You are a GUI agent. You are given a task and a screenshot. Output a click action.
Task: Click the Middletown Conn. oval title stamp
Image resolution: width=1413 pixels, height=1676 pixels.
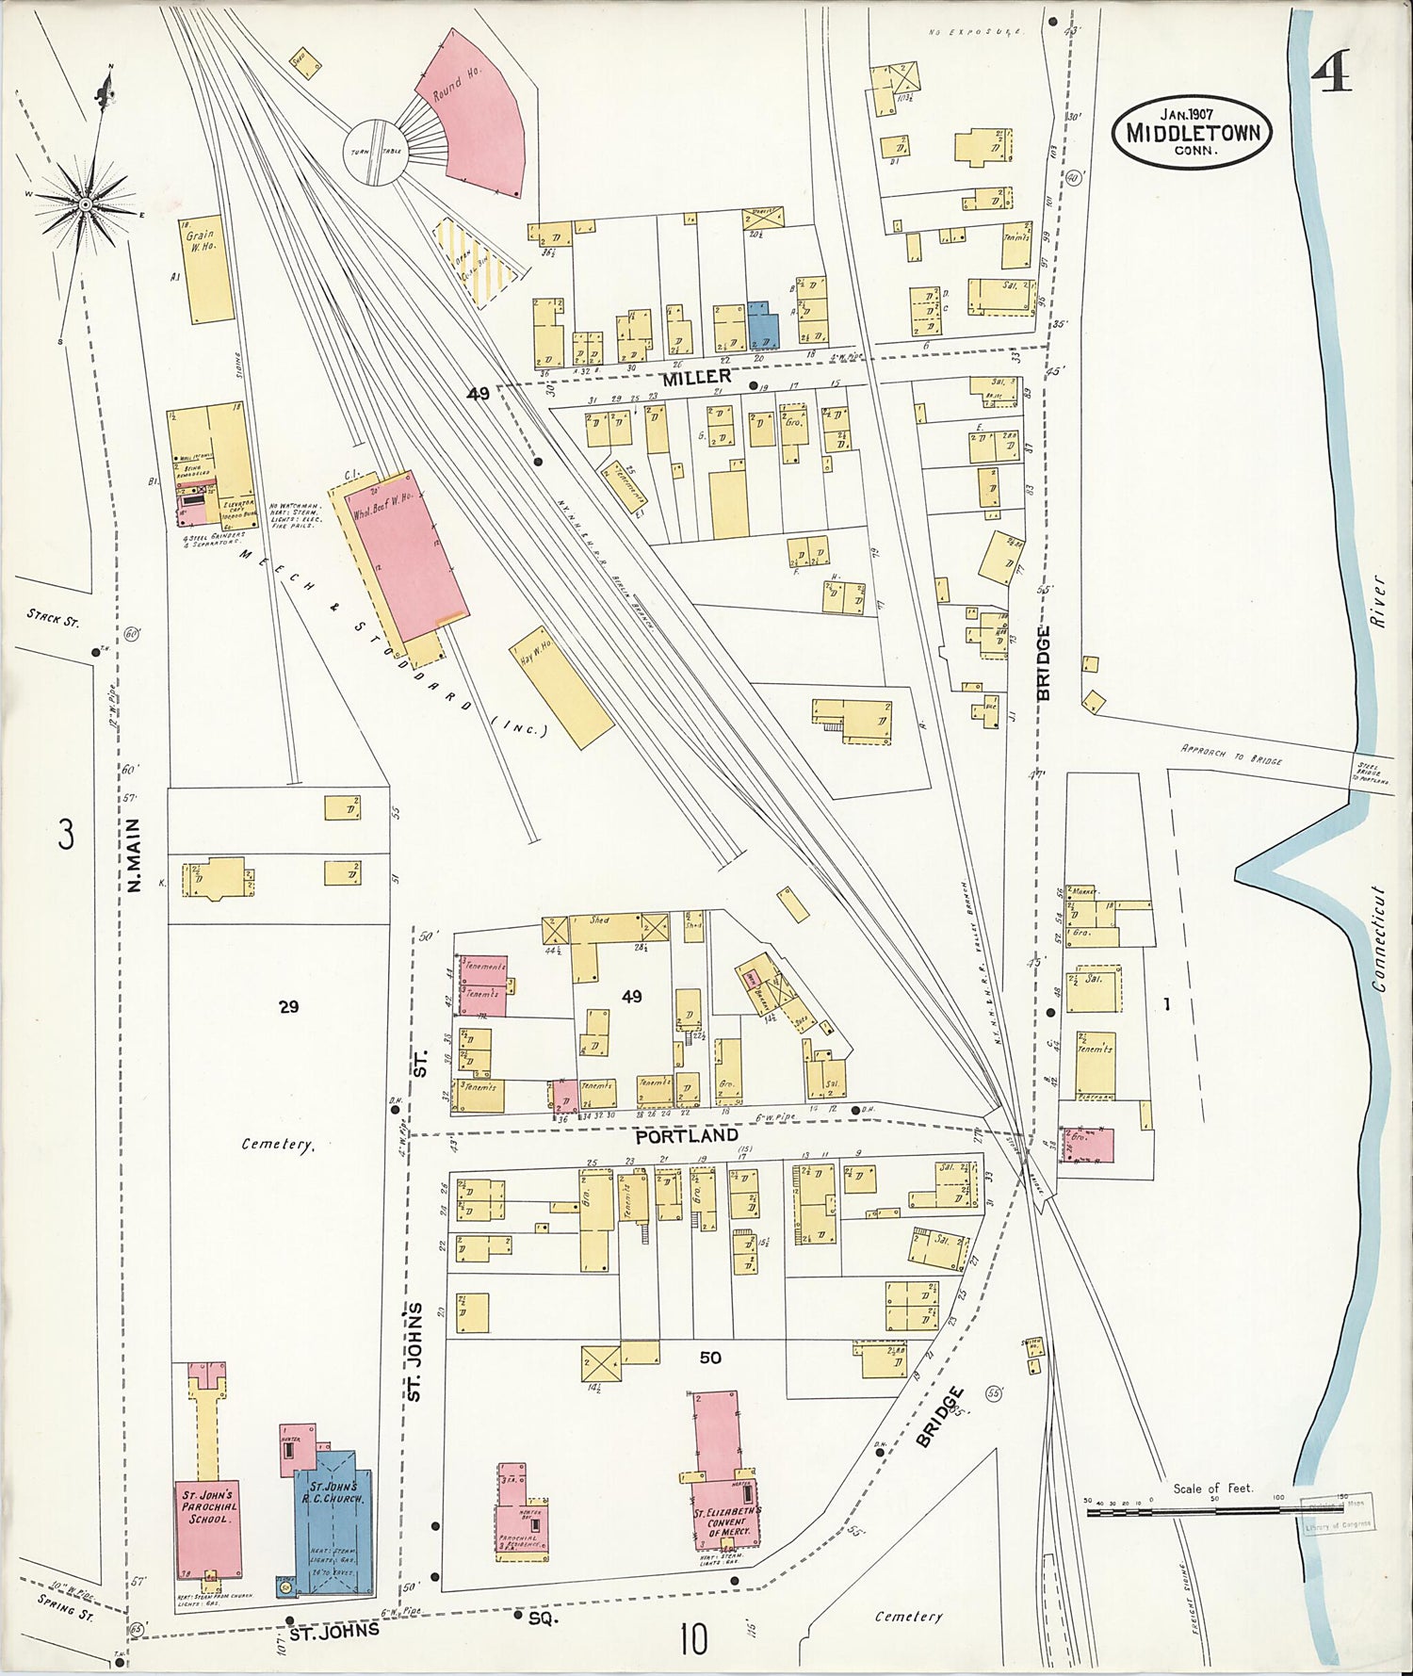click(x=1192, y=132)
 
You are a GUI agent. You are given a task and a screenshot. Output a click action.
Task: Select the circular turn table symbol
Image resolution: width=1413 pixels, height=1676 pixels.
click(x=374, y=152)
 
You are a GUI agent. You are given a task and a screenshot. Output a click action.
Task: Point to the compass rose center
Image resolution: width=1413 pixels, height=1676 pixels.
click(x=85, y=204)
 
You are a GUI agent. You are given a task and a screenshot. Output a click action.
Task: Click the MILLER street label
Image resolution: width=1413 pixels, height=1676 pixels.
click(x=695, y=378)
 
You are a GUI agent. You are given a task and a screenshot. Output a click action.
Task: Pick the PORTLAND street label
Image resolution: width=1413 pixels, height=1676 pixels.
click(x=686, y=1135)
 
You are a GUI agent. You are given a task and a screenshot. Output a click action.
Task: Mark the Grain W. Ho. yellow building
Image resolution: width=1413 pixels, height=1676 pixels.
click(x=205, y=271)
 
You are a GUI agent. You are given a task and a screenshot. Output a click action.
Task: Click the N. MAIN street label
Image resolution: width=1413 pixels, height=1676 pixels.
click(x=134, y=855)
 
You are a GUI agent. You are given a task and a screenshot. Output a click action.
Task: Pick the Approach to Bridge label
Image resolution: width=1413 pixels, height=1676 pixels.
click(x=1231, y=754)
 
